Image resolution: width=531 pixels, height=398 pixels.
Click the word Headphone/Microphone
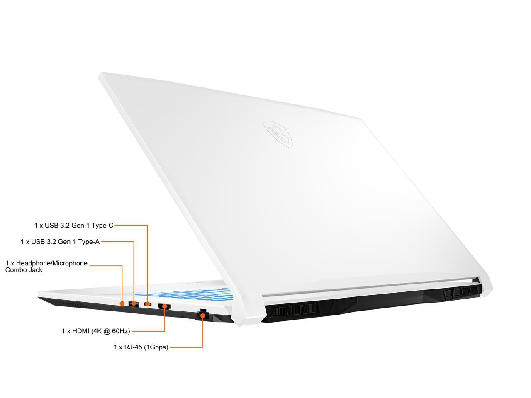[51, 263]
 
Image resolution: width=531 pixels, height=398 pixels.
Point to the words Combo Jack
[24, 270]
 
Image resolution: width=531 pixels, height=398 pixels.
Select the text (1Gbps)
[156, 347]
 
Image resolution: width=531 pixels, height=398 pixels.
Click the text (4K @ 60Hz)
[110, 331]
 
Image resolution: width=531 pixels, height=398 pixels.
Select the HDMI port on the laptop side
[164, 307]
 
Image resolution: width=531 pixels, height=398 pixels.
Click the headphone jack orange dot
[122, 303]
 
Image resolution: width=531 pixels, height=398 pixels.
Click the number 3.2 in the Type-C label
[66, 226]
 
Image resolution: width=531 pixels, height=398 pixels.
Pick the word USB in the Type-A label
[38, 241]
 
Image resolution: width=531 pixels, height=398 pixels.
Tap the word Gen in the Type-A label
[64, 241]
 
